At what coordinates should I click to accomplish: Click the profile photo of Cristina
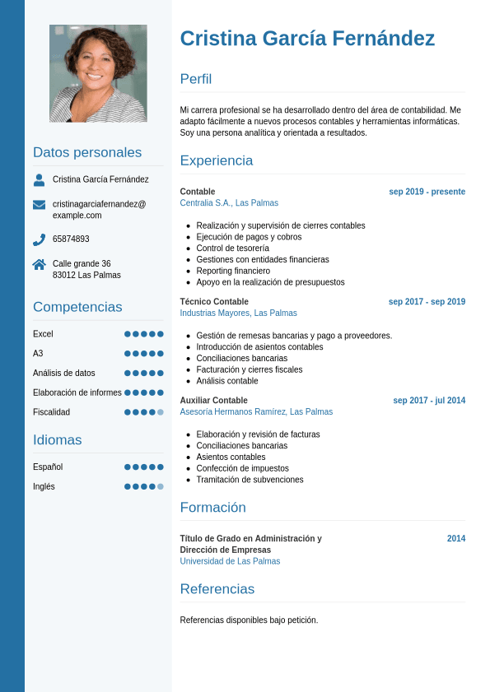(x=98, y=73)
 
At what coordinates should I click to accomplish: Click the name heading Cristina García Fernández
(x=307, y=39)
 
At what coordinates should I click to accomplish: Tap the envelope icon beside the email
(x=39, y=204)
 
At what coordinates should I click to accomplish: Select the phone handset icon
(x=39, y=239)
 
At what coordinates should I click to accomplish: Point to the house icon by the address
(x=39, y=264)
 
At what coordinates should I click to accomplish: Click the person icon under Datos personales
(x=39, y=179)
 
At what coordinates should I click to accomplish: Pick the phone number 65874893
(x=71, y=239)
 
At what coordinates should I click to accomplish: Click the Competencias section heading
(x=77, y=307)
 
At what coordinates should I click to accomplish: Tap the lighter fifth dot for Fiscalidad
(x=161, y=412)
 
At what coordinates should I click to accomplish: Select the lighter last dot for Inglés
(x=161, y=486)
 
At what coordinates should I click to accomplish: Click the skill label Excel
(x=43, y=334)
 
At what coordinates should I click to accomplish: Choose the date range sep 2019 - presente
(x=427, y=192)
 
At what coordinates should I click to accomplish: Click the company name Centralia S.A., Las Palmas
(x=229, y=203)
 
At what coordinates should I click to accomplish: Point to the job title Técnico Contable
(x=214, y=302)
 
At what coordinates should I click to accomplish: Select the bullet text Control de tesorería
(x=232, y=248)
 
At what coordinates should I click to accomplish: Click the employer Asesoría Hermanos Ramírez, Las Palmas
(x=256, y=411)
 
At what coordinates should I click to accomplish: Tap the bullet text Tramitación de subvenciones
(x=250, y=480)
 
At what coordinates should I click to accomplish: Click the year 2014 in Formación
(x=456, y=539)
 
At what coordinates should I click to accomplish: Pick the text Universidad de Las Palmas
(x=230, y=561)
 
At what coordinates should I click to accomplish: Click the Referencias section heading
(x=217, y=589)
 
